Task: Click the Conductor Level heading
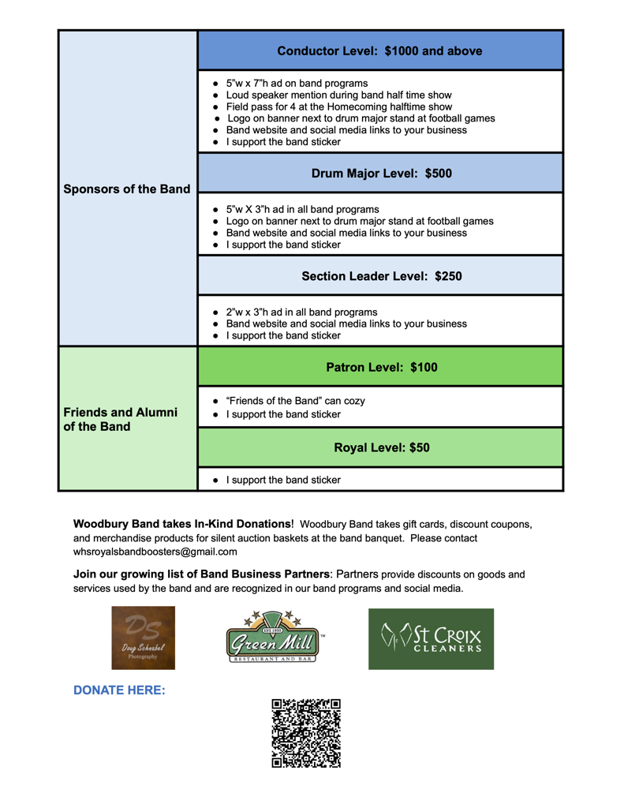point(379,51)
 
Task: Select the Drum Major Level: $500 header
point(381,174)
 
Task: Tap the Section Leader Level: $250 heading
point(381,276)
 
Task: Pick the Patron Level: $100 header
point(381,367)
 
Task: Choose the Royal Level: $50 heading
point(381,447)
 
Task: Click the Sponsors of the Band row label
point(127,189)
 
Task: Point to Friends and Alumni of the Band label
point(120,420)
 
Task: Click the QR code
point(306,733)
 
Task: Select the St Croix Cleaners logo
point(431,638)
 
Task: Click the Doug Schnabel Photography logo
point(143,638)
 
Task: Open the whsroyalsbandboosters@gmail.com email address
point(155,552)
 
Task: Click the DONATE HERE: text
point(119,690)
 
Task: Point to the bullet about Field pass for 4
point(339,107)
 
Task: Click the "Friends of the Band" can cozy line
point(295,401)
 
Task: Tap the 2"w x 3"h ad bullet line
point(301,312)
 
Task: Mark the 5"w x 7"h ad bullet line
point(297,83)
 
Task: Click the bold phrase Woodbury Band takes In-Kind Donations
point(182,524)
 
